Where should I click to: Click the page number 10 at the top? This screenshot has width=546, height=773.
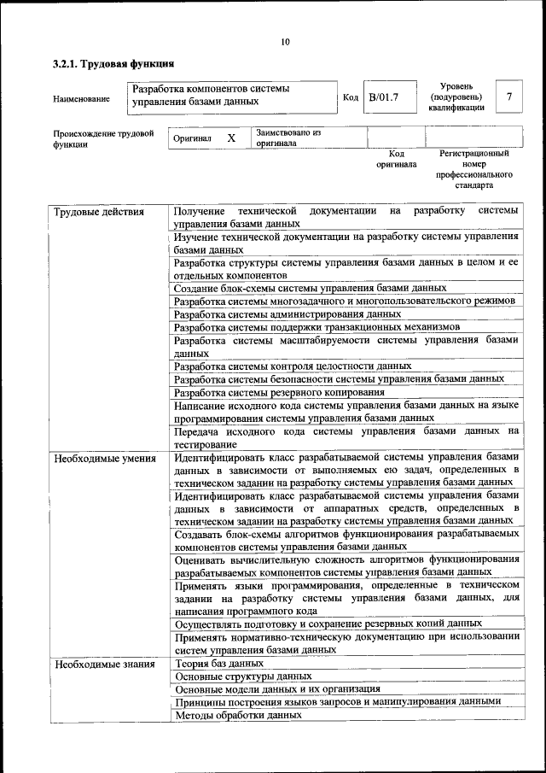pyautogui.click(x=285, y=42)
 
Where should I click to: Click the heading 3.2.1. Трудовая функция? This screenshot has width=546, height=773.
pyautogui.click(x=113, y=63)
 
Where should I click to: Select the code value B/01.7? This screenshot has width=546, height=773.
pyautogui.click(x=383, y=97)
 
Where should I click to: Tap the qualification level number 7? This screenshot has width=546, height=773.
pyautogui.click(x=509, y=97)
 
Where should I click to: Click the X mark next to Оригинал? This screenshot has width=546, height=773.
pyautogui.click(x=230, y=138)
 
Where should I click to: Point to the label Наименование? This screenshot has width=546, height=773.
pyautogui.click(x=81, y=99)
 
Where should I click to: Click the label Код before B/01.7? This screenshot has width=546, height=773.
pyautogui.click(x=350, y=97)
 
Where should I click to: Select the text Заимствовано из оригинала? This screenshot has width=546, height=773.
pyautogui.click(x=288, y=138)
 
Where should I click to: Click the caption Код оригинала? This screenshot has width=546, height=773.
pyautogui.click(x=396, y=159)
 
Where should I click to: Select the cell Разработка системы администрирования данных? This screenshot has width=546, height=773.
pyautogui.click(x=287, y=313)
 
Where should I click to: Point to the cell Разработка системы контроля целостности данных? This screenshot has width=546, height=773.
pyautogui.click(x=292, y=366)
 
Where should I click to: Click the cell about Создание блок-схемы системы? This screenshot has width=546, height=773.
pyautogui.click(x=310, y=288)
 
